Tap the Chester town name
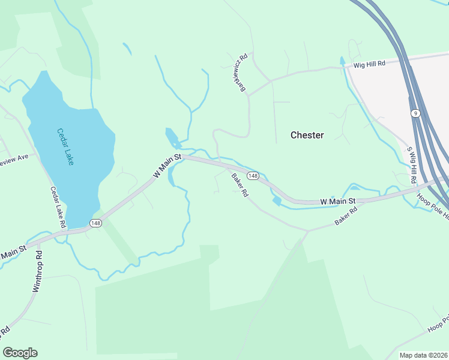pos(307,135)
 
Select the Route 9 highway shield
pos(415,113)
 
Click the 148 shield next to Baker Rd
pos(253,175)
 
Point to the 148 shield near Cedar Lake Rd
pos(95,223)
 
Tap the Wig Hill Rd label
pos(369,64)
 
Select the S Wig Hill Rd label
pos(412,165)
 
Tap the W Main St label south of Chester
pos(338,200)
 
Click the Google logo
pos(20,353)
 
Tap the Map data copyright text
pos(423,355)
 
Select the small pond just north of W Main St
pos(172,137)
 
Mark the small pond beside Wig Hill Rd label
pos(343,61)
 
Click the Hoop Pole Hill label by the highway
pos(433,207)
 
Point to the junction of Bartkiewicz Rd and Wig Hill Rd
pos(270,80)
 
